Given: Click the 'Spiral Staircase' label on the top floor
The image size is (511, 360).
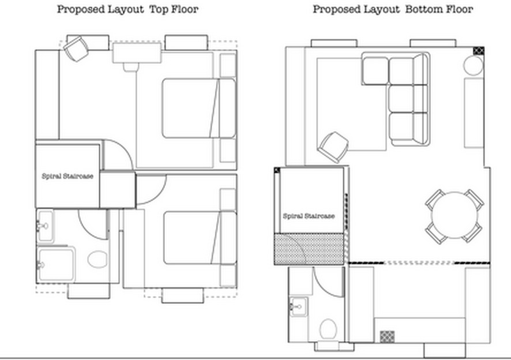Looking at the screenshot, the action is tap(67, 176).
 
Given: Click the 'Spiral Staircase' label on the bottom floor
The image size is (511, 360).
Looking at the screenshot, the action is tap(309, 216).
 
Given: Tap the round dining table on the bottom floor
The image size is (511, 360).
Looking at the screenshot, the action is tap(454, 215).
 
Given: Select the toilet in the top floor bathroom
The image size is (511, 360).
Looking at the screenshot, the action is tap(97, 259).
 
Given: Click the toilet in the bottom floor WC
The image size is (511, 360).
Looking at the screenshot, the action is tap(328, 329).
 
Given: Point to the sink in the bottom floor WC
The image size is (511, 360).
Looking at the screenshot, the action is tap(298, 306).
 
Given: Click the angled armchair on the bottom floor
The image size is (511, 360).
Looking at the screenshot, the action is tap(333, 147).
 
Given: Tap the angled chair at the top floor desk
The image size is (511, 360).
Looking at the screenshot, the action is tap(76, 48).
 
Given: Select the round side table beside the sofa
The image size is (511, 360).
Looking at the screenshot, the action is tap(473, 66).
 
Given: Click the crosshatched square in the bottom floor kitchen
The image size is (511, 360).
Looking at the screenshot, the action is tap(387, 336).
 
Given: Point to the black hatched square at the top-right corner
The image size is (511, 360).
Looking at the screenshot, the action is tap(478, 51).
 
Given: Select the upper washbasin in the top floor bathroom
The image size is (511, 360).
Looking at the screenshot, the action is tap(46, 226).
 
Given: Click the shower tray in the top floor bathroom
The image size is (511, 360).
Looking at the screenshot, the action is tap(56, 264).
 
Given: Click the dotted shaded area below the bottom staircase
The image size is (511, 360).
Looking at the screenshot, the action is tap(309, 249).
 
